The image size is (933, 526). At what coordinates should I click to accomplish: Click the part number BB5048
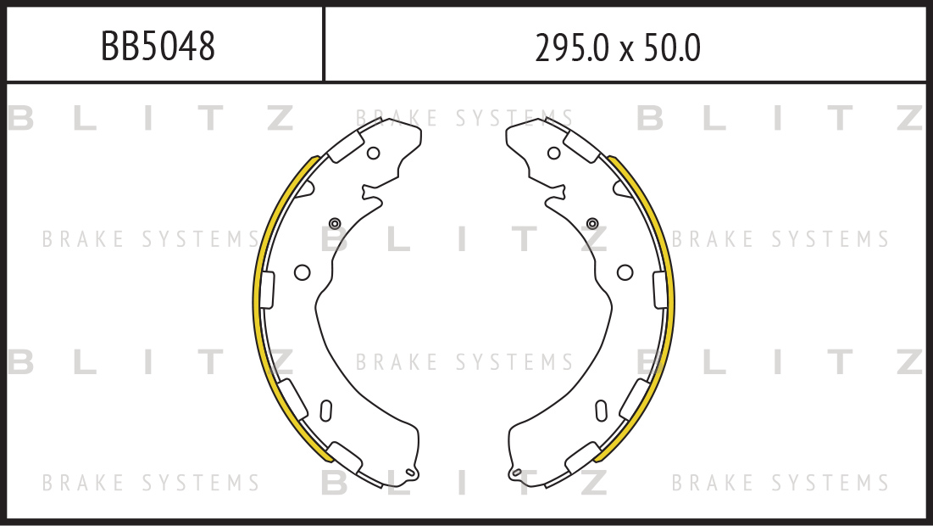coord(158,46)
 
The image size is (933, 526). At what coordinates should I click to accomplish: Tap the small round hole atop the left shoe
coord(373,153)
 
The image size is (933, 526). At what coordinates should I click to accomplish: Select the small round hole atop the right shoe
coord(554,153)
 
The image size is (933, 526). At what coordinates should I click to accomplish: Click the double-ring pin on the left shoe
coord(335,223)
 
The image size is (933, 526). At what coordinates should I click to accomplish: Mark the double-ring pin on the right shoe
coord(592,223)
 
